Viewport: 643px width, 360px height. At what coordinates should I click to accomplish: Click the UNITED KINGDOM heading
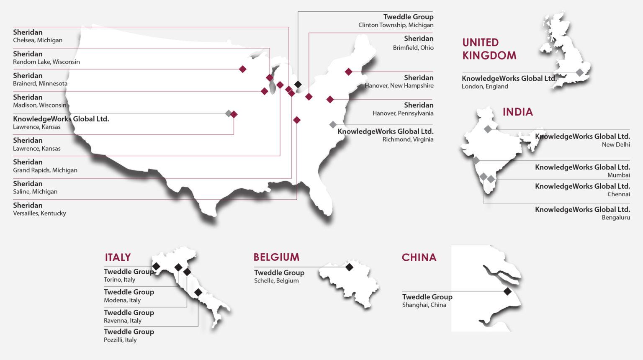click(x=489, y=49)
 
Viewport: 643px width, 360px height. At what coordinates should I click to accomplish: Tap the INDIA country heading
click(x=517, y=112)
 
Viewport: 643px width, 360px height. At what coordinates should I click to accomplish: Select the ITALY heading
click(x=118, y=257)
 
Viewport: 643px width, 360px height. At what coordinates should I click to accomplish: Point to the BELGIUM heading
click(x=276, y=257)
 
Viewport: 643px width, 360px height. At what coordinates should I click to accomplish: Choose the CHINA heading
click(x=419, y=257)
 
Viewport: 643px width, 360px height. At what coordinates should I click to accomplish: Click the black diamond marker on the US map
click(x=298, y=84)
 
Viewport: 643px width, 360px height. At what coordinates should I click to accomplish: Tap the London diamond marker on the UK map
click(x=579, y=72)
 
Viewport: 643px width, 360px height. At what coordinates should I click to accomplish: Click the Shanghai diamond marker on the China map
click(x=507, y=291)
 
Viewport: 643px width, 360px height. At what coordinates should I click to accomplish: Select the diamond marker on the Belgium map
click(x=349, y=267)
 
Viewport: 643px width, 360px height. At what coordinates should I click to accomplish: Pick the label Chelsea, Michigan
click(x=38, y=40)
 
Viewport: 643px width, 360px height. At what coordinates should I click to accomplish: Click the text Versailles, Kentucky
click(x=39, y=213)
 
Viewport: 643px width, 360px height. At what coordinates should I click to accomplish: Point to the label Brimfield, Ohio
click(x=413, y=48)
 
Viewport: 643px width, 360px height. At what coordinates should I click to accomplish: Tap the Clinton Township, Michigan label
click(x=396, y=25)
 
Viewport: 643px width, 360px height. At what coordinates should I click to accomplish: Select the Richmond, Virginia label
click(x=408, y=139)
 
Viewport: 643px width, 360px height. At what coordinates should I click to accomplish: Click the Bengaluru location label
click(x=615, y=217)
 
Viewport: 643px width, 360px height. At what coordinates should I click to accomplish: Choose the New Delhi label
click(x=615, y=144)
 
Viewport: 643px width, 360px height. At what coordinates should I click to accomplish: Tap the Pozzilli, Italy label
click(x=120, y=340)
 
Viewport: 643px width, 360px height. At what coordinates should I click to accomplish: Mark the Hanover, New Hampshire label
click(x=399, y=86)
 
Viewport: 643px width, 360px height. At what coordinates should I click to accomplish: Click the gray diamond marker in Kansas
click(x=228, y=113)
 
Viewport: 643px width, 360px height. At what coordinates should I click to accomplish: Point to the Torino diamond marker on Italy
click(x=156, y=266)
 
